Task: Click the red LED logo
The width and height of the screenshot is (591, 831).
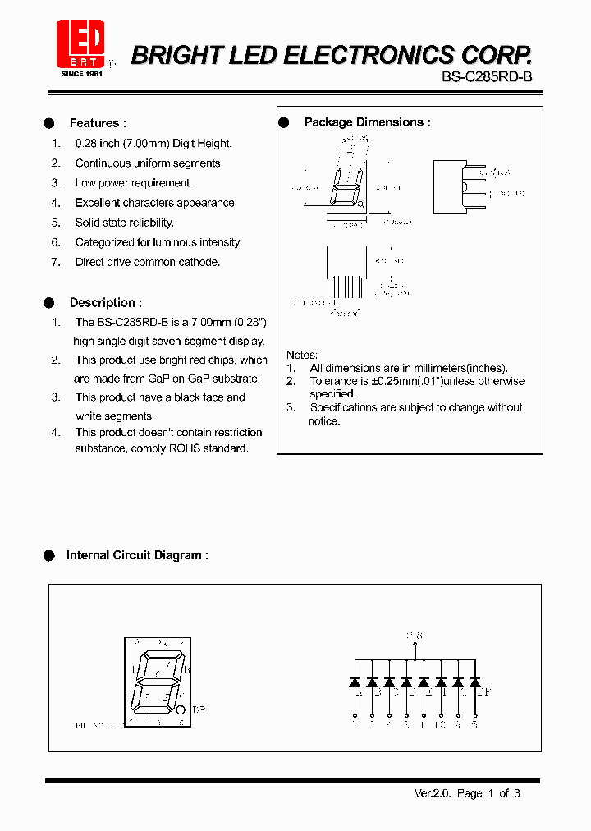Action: pyautogui.click(x=80, y=44)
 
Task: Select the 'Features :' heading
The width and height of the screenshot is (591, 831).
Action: pyautogui.click(x=98, y=123)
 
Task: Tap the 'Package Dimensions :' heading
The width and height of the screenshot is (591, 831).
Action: pyautogui.click(x=367, y=122)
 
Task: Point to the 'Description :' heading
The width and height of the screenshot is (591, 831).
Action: pyautogui.click(x=105, y=302)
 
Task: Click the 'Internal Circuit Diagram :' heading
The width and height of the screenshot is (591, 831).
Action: pyautogui.click(x=137, y=555)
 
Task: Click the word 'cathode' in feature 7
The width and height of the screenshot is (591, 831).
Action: pyautogui.click(x=200, y=262)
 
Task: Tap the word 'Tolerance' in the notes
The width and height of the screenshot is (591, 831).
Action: pyautogui.click(x=335, y=381)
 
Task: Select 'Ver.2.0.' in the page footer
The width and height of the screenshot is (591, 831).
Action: pyautogui.click(x=432, y=793)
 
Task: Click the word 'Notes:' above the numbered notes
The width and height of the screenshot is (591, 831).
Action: pyautogui.click(x=301, y=355)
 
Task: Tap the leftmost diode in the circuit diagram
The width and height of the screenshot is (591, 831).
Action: pyautogui.click(x=355, y=682)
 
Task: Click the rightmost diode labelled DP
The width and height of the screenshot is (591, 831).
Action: pyautogui.click(x=474, y=682)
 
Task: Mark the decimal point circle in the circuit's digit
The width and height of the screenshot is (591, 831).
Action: pyautogui.click(x=181, y=711)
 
